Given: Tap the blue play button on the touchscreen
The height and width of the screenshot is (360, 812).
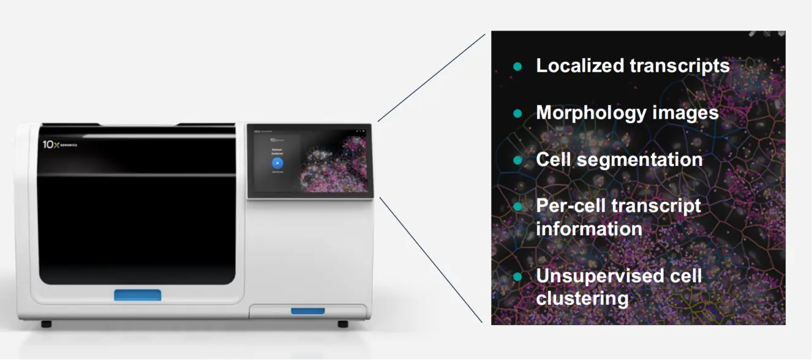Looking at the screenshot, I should [x=277, y=163].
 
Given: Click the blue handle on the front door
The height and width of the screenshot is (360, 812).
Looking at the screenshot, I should [x=138, y=295].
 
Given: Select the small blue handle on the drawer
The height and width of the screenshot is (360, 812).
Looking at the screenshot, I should [x=307, y=311].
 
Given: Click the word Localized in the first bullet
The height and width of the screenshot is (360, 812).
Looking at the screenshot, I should [x=580, y=66].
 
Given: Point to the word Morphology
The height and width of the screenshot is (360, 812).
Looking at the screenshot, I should [x=590, y=113].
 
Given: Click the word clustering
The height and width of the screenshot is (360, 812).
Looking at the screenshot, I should [x=582, y=298].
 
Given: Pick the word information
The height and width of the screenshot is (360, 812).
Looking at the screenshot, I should [x=588, y=228].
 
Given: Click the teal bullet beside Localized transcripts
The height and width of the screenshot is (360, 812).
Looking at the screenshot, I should [x=517, y=66].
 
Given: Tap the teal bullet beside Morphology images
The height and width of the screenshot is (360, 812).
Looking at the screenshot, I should [x=517, y=113].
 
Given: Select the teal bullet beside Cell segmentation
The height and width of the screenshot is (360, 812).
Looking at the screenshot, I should [x=517, y=160].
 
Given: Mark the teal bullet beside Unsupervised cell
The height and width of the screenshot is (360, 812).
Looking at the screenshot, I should [x=517, y=276].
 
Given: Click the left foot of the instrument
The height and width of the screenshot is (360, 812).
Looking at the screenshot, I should [x=47, y=323].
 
